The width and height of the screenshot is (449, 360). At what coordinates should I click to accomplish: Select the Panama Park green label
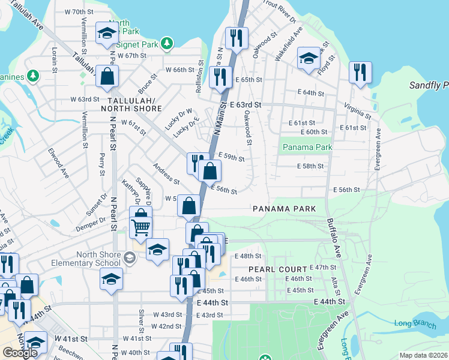307,147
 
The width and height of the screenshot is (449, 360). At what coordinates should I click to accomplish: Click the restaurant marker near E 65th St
221,77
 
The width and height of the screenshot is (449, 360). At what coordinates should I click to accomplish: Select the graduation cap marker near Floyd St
309,58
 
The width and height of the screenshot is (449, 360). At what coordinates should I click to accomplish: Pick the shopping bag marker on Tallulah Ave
106,76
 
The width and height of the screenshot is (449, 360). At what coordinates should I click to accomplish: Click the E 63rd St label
244,105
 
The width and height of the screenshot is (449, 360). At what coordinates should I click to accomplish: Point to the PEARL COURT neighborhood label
277,269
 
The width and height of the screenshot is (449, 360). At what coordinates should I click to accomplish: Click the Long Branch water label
411,324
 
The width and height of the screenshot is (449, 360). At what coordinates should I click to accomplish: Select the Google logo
20,353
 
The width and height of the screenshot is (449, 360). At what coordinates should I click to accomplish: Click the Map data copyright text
424,355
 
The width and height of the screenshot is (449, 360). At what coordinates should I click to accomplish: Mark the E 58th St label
310,166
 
